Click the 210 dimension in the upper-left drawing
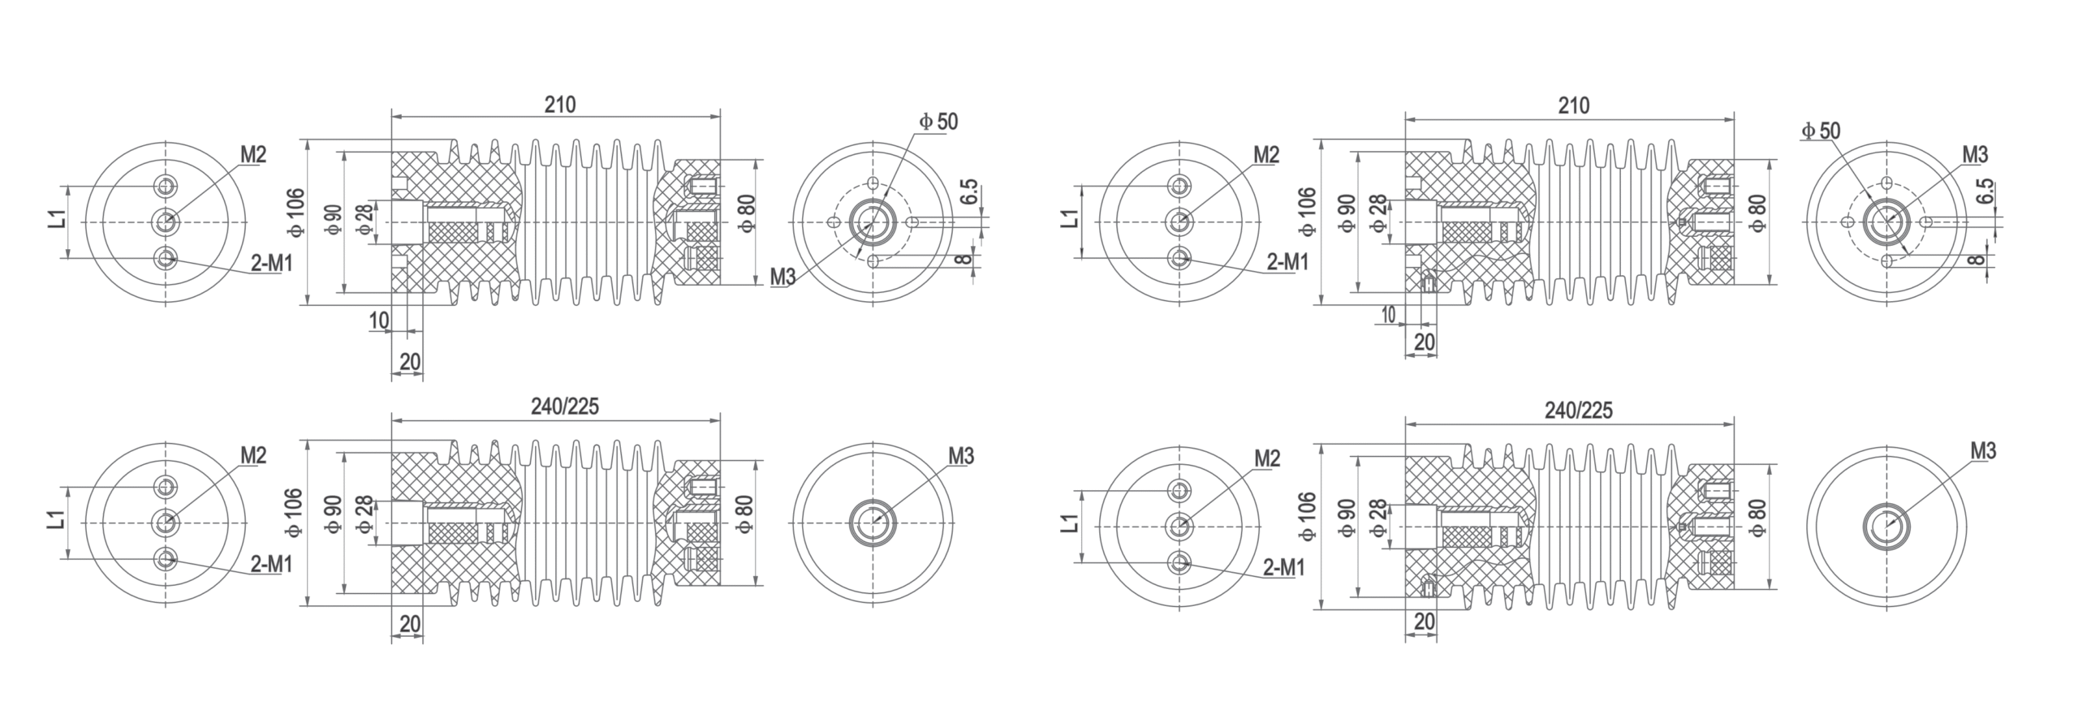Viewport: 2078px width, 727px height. pos(559,105)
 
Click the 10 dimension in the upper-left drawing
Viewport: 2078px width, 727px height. pos(379,320)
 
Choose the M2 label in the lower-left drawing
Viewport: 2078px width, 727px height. pos(253,456)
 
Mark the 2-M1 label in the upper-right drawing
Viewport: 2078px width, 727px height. pos(1287,262)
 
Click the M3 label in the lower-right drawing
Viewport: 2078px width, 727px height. pos(1983,450)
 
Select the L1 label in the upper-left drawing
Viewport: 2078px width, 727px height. pos(56,219)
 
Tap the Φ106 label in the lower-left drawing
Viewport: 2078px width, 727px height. pos(294,512)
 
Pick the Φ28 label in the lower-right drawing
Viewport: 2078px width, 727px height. pos(1377,518)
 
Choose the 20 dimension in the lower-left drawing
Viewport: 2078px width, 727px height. pos(411,624)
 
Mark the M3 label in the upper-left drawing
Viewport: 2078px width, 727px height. pos(783,277)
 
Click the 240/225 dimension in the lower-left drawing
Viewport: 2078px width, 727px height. pos(565,407)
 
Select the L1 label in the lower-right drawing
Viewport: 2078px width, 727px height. pos(1070,524)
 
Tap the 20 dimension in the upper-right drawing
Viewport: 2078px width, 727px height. pos(1425,342)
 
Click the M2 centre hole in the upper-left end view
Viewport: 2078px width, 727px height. pos(166,221)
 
